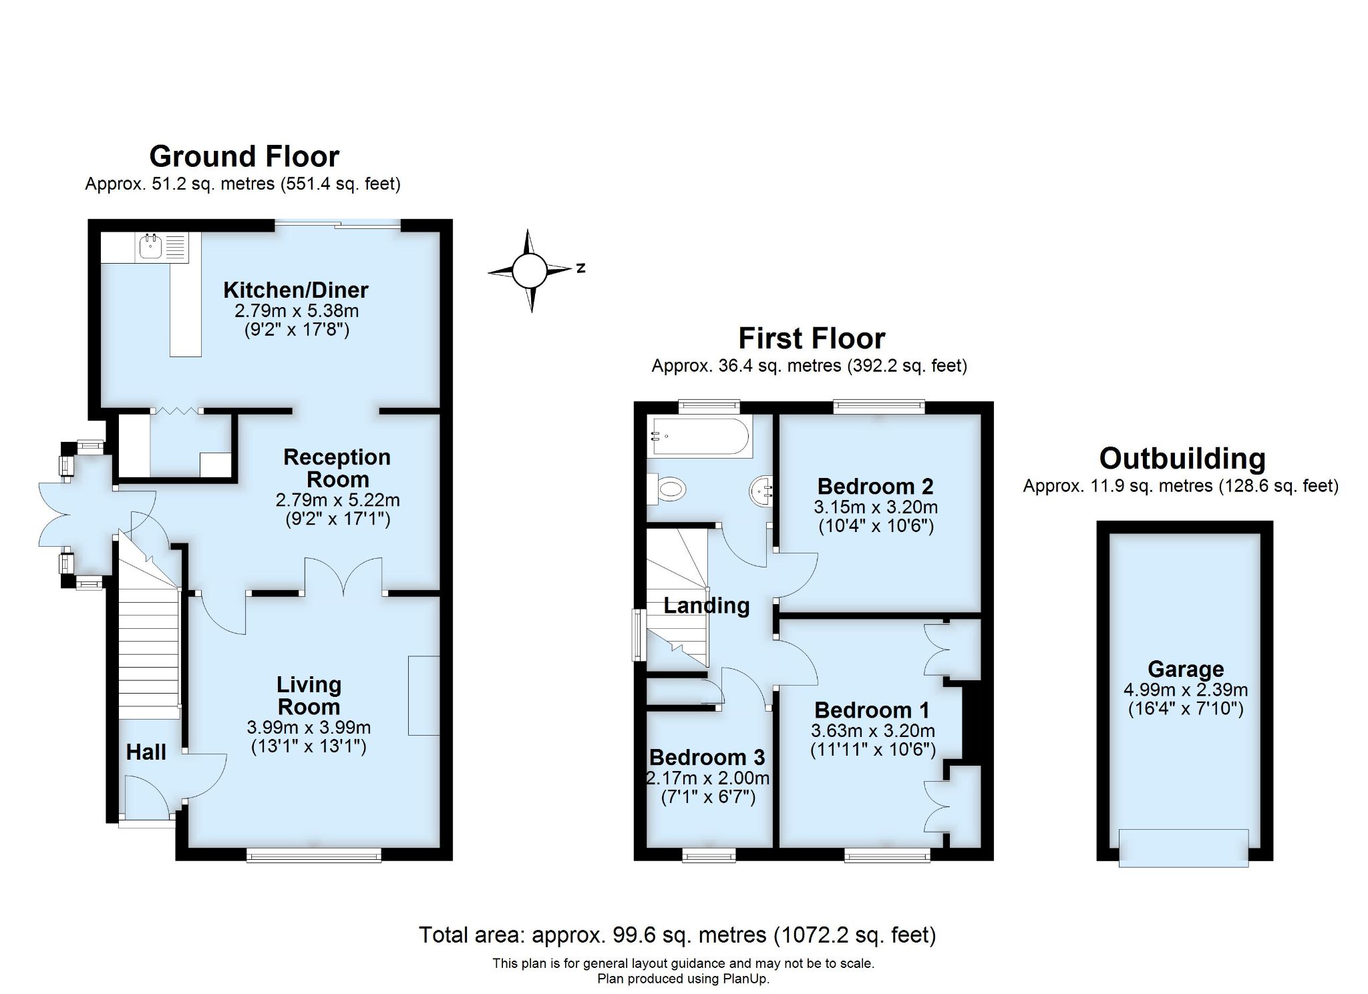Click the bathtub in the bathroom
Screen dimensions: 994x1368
[700, 437]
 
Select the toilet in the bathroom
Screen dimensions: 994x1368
[668, 490]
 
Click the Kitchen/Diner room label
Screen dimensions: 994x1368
[296, 290]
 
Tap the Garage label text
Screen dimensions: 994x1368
[1186, 669]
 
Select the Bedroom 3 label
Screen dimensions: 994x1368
[707, 757]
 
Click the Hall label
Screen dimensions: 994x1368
[146, 752]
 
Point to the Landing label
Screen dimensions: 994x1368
[706, 605]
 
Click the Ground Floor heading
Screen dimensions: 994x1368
[244, 156]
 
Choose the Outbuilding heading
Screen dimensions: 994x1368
[1182, 459]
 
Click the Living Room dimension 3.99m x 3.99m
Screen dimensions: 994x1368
[309, 728]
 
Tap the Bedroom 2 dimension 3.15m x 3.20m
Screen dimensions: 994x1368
[875, 507]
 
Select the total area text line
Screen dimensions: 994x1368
[677, 935]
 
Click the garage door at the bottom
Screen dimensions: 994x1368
[1184, 848]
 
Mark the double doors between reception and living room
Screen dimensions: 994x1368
[343, 577]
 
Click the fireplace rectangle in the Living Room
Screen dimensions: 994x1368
[423, 695]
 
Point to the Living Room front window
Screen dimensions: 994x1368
[314, 854]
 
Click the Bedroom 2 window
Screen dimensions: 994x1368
[878, 407]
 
